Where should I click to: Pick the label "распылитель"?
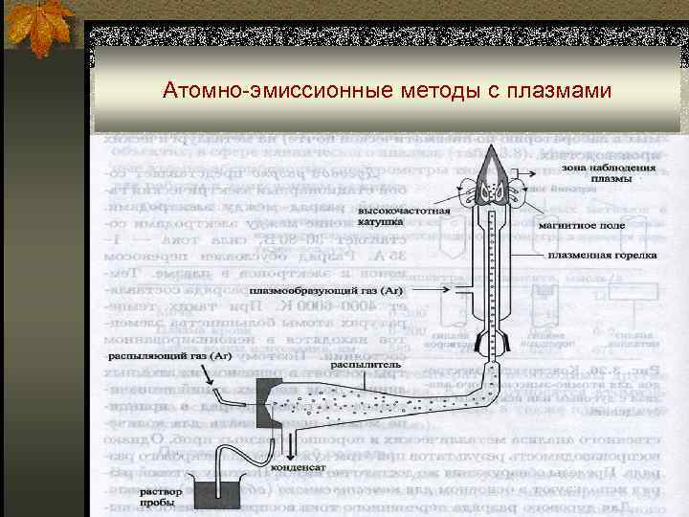(x=358, y=365)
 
